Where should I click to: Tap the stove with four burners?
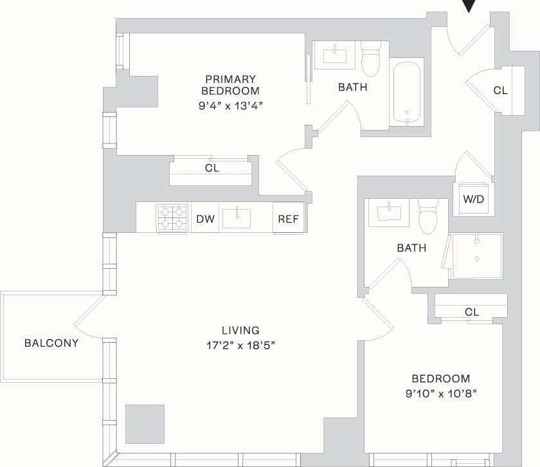click(172, 218)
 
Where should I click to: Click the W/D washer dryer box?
click(473, 199)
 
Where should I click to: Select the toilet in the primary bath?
click(371, 59)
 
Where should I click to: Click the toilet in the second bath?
click(428, 217)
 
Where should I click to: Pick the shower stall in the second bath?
click(476, 256)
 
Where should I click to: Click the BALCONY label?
click(51, 343)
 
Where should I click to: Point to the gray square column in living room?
click(145, 423)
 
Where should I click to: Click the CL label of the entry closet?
click(500, 91)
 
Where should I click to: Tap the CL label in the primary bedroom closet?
click(212, 169)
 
